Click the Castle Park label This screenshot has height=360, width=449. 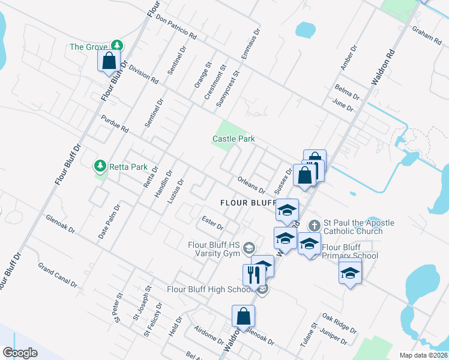click(x=234, y=139)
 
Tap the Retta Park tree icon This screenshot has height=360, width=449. click(x=100, y=166)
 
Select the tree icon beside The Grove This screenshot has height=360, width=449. click(x=119, y=46)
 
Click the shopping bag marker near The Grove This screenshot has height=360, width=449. click(x=109, y=61)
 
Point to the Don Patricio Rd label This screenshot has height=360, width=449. click(x=176, y=27)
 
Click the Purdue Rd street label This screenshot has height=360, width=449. click(x=115, y=124)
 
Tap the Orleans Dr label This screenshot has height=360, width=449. click(x=251, y=182)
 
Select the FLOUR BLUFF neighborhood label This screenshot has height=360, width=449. click(x=243, y=203)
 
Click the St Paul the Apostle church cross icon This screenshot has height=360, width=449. click(x=314, y=226)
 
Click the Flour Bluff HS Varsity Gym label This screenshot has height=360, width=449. click(x=214, y=249)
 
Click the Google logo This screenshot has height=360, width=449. click(x=20, y=352)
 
